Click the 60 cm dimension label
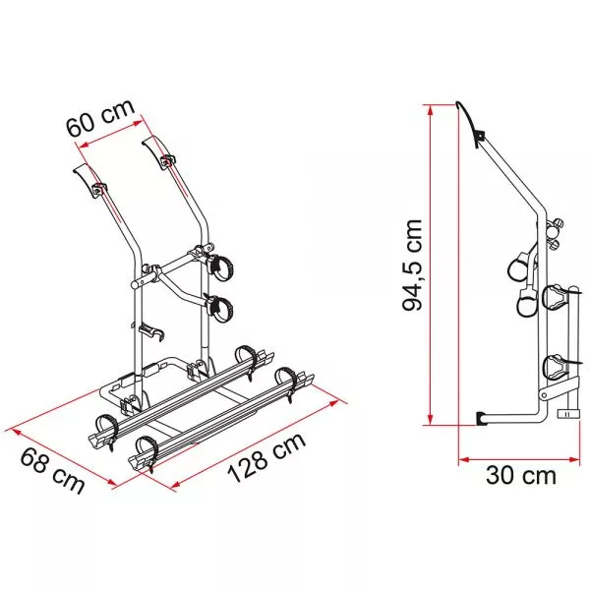pos(100,117)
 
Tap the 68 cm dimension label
pos(52,471)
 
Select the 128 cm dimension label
pos(266,457)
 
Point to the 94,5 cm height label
pos(413,265)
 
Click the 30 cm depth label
pos(521,475)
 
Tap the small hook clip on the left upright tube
pos(151,332)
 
